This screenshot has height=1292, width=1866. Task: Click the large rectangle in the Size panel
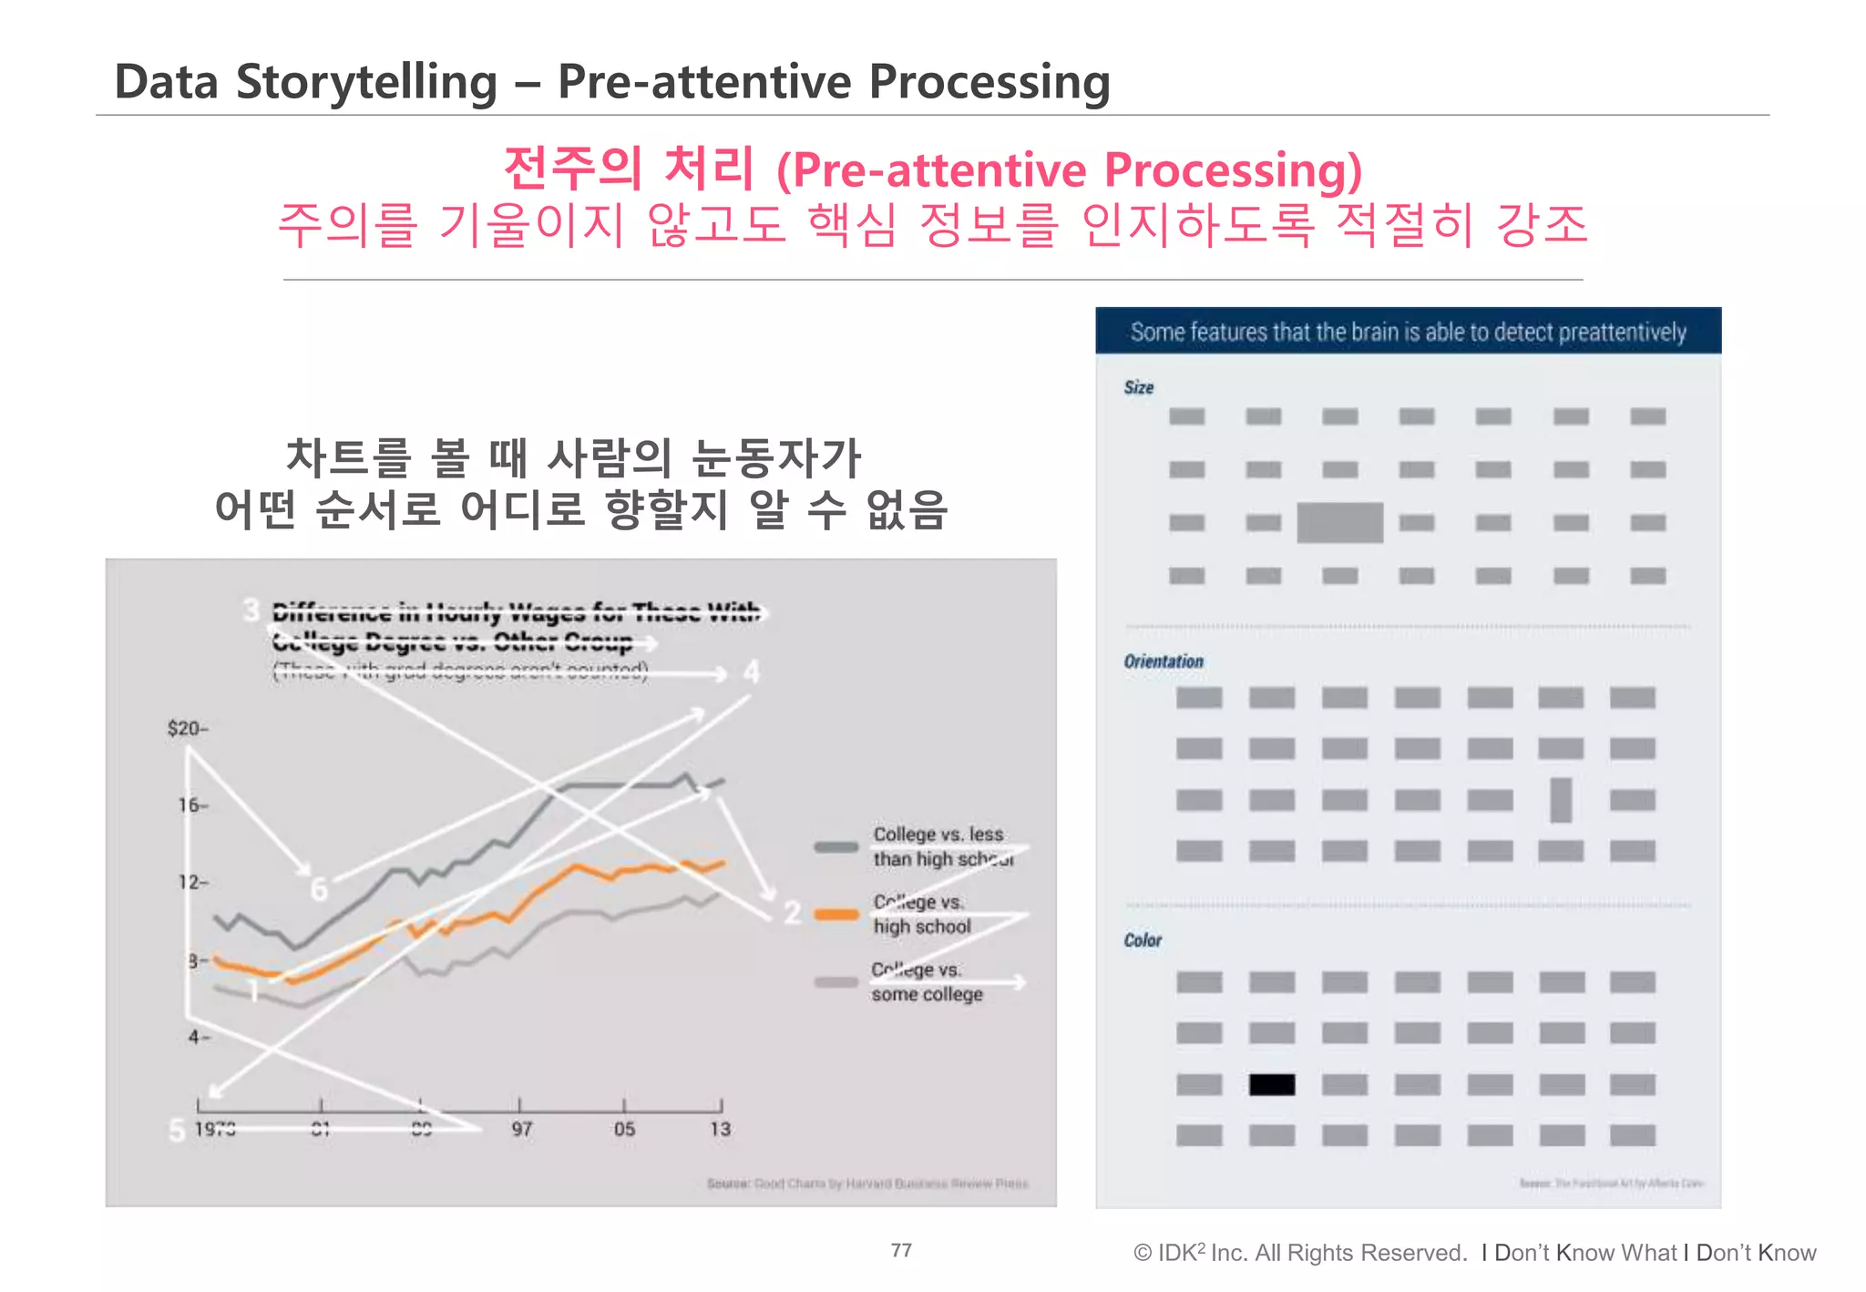tap(1339, 522)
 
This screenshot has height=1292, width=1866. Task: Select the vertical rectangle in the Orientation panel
tap(1561, 800)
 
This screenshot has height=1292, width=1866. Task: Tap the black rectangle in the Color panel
tap(1272, 1084)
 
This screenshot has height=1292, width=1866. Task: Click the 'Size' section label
tap(1139, 387)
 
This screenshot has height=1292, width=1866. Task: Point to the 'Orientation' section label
tap(1164, 661)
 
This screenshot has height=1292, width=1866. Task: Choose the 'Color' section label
tap(1143, 940)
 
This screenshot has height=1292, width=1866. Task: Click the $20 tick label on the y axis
tap(187, 728)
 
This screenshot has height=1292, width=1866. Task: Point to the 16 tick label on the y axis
tap(192, 805)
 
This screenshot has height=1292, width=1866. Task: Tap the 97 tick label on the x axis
tap(521, 1130)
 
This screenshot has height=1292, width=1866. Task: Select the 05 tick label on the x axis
tap(624, 1130)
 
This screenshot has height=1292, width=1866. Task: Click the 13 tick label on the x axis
tap(720, 1130)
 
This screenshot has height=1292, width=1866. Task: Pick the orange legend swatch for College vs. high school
tap(836, 915)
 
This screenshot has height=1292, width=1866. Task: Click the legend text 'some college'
tap(927, 995)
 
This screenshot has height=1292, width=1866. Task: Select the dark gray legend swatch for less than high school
tap(836, 846)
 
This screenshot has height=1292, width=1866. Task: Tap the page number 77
tap(901, 1250)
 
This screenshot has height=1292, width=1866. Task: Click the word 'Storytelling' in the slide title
tap(366, 82)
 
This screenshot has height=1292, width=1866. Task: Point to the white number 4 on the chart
tap(751, 672)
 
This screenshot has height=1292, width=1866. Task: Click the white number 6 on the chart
tap(318, 888)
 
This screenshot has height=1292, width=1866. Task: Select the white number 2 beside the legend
tap(793, 912)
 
